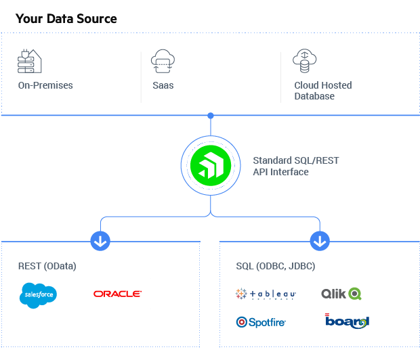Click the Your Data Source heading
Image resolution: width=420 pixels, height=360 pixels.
click(66, 19)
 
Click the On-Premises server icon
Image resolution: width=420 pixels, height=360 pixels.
click(30, 62)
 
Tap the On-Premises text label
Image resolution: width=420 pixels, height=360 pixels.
click(45, 86)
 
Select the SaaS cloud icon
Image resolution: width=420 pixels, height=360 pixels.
click(163, 62)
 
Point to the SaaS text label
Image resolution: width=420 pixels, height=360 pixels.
click(163, 86)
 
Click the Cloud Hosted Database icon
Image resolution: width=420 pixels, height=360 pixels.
click(305, 62)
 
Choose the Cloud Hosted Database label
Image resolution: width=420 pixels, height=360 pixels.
click(322, 91)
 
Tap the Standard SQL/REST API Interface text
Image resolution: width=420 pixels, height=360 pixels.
click(295, 166)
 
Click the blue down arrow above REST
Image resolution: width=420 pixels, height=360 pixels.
click(100, 240)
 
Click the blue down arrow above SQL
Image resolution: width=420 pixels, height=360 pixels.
click(320, 240)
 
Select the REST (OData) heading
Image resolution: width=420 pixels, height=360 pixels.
click(47, 266)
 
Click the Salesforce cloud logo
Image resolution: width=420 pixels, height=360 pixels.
click(39, 294)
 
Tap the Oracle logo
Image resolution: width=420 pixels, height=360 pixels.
click(118, 294)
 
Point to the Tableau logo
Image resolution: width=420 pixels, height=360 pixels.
click(266, 294)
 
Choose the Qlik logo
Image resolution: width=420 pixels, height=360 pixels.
click(341, 294)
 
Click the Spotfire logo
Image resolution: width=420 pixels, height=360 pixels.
click(261, 322)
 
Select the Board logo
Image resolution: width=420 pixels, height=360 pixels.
click(348, 322)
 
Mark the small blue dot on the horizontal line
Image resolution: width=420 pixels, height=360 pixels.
click(211, 115)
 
